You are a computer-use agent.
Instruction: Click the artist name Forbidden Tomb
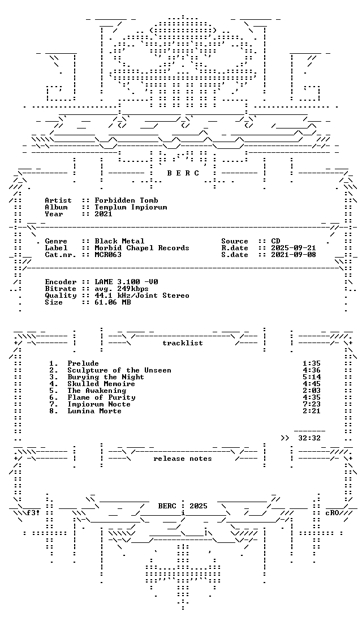click(126, 200)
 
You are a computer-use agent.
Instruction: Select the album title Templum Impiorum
click(131, 207)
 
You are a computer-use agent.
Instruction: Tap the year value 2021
click(104, 213)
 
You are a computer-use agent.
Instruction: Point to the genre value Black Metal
click(119, 241)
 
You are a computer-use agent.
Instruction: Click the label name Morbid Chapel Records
click(142, 247)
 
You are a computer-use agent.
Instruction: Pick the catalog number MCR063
click(108, 254)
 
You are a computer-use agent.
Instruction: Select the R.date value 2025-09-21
click(294, 247)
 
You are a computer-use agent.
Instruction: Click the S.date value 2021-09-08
click(294, 254)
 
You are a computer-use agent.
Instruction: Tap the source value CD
click(275, 241)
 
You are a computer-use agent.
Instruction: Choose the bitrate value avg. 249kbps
click(122, 289)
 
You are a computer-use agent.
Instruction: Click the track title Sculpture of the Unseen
click(119, 370)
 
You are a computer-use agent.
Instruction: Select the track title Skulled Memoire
click(101, 384)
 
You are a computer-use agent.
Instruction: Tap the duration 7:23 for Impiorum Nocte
click(312, 404)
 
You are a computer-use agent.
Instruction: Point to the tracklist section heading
click(182, 343)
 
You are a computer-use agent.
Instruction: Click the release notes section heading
click(182, 459)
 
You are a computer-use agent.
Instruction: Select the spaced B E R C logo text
click(183, 173)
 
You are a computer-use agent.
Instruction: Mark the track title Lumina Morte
click(94, 411)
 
